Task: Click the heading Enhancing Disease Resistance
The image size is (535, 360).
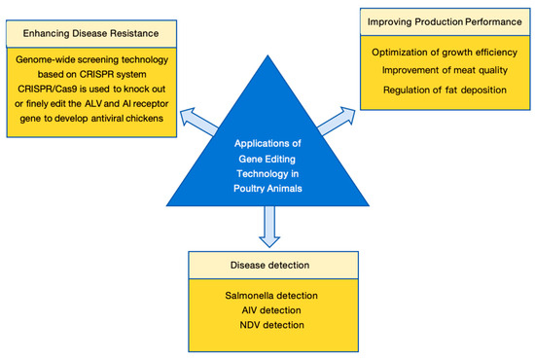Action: [90, 33]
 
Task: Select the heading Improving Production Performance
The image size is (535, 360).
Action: [445, 21]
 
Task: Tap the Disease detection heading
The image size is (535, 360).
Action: [269, 266]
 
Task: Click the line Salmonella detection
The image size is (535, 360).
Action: [271, 296]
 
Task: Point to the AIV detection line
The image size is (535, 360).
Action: [271, 310]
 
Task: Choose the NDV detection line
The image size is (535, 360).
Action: [271, 325]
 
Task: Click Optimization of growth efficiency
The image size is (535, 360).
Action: [445, 53]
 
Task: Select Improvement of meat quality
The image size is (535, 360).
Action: [445, 70]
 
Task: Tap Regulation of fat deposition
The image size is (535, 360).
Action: [445, 90]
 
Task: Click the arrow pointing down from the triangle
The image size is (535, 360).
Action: [269, 227]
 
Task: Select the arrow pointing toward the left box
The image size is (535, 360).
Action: [198, 122]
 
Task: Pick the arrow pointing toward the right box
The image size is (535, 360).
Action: [337, 122]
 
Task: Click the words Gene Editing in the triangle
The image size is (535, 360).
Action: [267, 159]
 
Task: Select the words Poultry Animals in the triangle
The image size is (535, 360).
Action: [267, 189]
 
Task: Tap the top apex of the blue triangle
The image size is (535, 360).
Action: [267, 55]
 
